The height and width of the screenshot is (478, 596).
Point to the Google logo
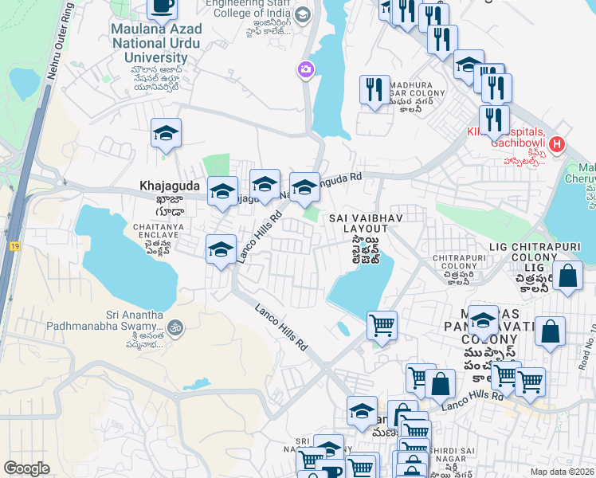(26, 468)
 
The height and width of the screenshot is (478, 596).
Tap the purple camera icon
(305, 71)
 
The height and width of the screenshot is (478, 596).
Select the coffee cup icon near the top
(163, 6)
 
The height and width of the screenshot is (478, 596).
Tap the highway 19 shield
(15, 248)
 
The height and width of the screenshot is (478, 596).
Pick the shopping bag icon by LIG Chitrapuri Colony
(567, 276)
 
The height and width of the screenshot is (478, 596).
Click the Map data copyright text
(561, 472)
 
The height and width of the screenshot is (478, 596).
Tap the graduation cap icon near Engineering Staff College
(302, 15)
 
